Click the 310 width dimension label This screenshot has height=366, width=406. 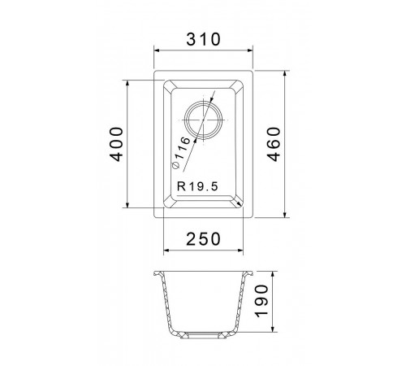coord(204,39)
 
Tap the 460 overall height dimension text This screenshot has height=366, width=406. coord(274,144)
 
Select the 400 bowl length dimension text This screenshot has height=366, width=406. coord(117,144)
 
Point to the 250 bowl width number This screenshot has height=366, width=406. coord(204,239)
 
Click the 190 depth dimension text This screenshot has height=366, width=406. coord(261,301)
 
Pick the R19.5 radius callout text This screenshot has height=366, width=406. coord(197,186)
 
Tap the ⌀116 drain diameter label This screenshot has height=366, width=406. coord(181,153)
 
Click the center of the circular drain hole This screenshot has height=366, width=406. coord(203,120)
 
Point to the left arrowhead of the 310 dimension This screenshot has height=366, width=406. coord(156,50)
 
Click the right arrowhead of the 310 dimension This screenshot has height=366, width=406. coord(250,50)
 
